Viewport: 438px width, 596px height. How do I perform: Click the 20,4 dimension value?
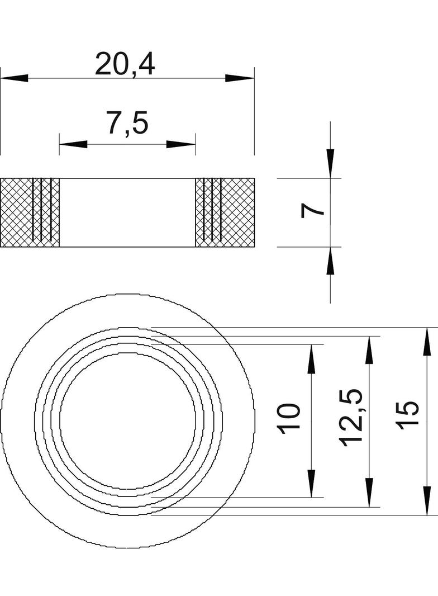[x=125, y=64]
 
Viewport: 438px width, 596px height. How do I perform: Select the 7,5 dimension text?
[x=127, y=123]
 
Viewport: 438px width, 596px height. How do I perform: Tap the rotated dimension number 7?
[x=312, y=211]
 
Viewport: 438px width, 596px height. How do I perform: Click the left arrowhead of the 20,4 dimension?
[x=15, y=78]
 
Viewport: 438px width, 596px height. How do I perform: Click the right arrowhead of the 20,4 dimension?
[x=239, y=78]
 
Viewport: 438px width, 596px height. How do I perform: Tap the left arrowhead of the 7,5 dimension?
[x=73, y=144]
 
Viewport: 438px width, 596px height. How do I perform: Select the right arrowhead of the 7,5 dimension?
[x=181, y=144]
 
